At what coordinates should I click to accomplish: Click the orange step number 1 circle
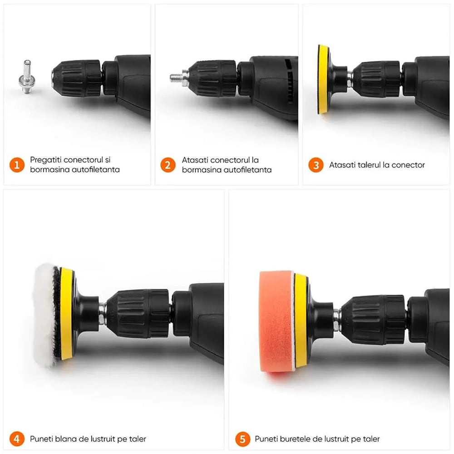tap(17, 165)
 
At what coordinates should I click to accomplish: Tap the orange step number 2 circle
tap(168, 165)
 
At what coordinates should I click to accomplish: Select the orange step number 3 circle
tap(316, 165)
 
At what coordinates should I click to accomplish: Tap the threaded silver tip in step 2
tap(177, 77)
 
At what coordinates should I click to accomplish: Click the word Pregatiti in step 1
tap(45, 160)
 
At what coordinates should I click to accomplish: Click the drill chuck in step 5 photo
tap(370, 313)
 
